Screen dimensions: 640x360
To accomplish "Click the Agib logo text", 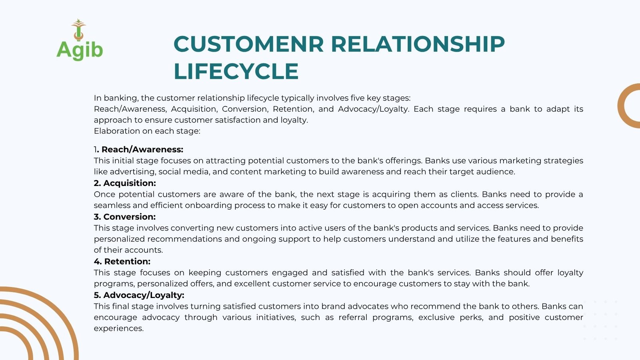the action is [x=80, y=50].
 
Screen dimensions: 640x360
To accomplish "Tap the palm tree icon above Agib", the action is [x=78, y=30].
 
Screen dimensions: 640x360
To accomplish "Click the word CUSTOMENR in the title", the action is [x=248, y=44].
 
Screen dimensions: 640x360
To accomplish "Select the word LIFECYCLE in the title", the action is [x=236, y=71].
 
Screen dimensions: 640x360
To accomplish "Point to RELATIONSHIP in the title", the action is [x=418, y=44].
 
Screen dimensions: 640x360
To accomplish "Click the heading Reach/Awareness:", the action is [x=142, y=150].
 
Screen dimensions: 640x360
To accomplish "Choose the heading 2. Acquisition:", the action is [x=125, y=183].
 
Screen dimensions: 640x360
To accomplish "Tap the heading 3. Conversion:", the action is [x=124, y=217].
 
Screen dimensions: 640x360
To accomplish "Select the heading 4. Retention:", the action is [x=122, y=262].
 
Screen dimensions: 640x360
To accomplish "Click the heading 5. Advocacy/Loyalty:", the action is [x=139, y=295].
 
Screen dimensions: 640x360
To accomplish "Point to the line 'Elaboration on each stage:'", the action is [x=147, y=131].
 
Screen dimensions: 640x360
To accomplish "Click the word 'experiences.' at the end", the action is [x=118, y=328].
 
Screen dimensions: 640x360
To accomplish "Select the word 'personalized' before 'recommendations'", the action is [x=120, y=239].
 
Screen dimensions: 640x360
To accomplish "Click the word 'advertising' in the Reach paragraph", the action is [x=133, y=172].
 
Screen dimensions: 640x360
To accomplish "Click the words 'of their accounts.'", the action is [x=128, y=250].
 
